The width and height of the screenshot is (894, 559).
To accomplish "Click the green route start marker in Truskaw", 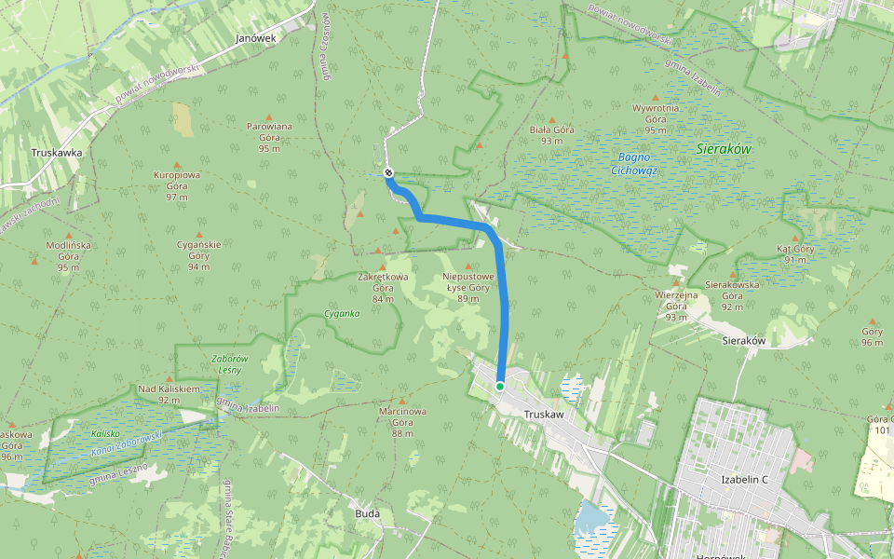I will coord(500,386).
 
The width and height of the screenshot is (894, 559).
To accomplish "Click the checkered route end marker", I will coord(388,173).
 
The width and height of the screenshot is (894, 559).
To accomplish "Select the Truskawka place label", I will coord(57,153).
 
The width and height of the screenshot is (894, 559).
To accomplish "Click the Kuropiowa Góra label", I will coord(177,185).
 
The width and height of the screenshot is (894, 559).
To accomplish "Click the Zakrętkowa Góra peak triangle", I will coord(381,266).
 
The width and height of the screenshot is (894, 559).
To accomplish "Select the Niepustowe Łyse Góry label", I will coord(467,287).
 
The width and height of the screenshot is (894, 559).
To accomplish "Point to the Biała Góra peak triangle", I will coord(553,119).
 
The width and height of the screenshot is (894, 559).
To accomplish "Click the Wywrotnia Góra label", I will coord(656,118).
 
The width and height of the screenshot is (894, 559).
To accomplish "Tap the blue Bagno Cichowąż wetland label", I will coord(634,164).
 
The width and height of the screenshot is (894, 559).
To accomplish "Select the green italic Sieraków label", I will coord(724,149).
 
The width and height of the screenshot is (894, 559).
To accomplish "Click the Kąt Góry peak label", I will coord(795,254).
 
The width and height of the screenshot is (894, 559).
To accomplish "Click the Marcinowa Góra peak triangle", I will coord(401,400).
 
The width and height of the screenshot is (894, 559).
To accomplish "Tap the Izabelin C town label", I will coord(744,480).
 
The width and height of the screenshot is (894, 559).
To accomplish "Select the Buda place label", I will coord(368,513).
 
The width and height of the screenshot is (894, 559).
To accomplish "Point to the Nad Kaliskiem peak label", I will coord(169,393).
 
